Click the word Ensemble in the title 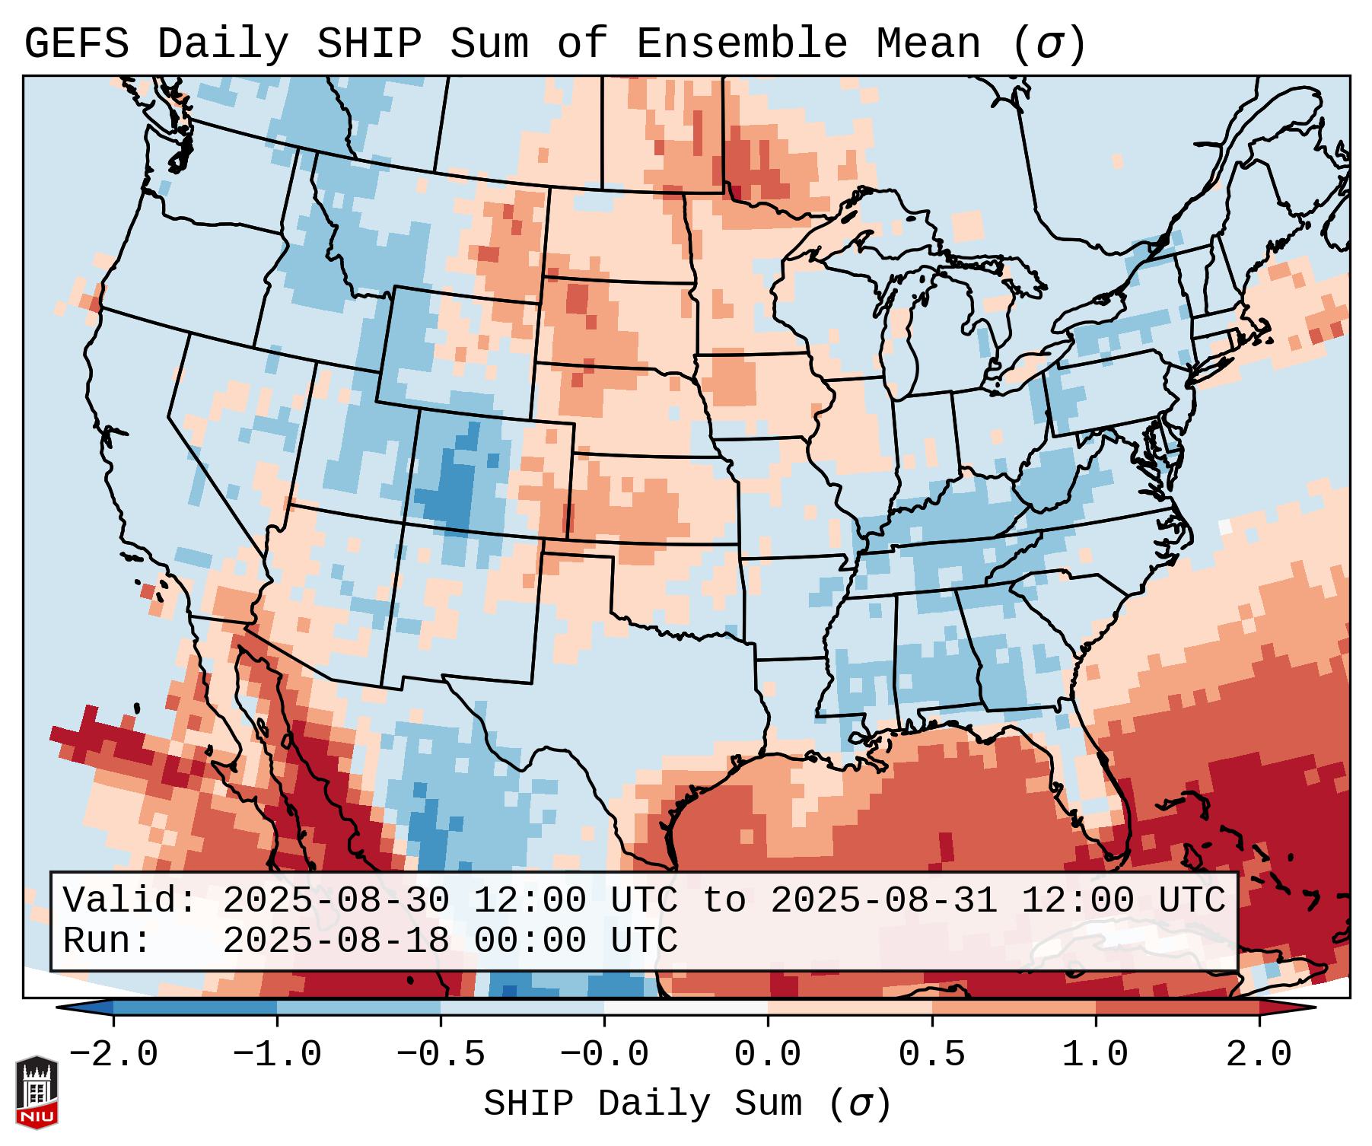pyautogui.click(x=741, y=44)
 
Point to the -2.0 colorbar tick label pyautogui.click(x=113, y=1055)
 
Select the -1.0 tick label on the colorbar pyautogui.click(x=277, y=1055)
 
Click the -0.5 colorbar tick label pyautogui.click(x=441, y=1055)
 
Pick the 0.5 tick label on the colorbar pyautogui.click(x=931, y=1055)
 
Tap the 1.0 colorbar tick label pyautogui.click(x=1095, y=1055)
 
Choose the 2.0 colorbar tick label pyautogui.click(x=1259, y=1055)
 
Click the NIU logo pyautogui.click(x=37, y=1093)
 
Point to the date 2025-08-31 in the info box pyautogui.click(x=884, y=901)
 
